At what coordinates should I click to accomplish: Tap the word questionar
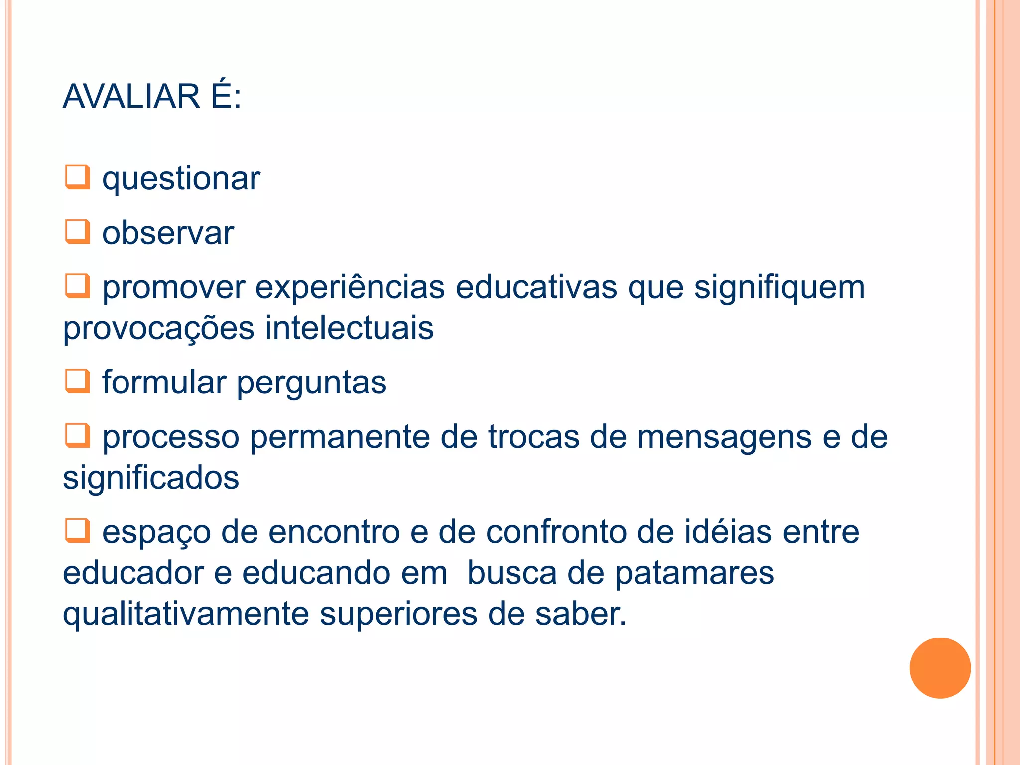181,179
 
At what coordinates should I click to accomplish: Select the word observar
168,233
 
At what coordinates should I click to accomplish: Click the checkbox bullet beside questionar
78,177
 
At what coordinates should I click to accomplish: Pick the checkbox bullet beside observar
78,232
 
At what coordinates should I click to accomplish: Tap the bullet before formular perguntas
78,381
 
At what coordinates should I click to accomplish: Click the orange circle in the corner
940,668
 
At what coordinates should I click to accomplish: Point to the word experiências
350,288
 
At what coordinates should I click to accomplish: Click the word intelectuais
349,328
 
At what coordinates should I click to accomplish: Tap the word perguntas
311,383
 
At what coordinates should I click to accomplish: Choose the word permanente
340,437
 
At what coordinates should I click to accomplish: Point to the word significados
151,478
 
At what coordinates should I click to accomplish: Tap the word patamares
694,573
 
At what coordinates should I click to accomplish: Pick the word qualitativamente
186,614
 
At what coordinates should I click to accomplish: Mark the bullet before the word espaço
78,530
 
